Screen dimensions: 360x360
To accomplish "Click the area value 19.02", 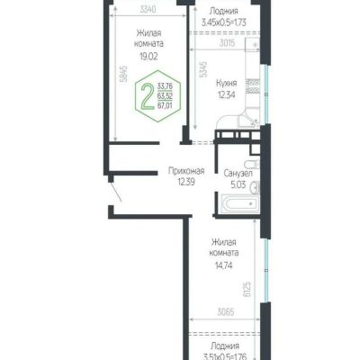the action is (x=148, y=57).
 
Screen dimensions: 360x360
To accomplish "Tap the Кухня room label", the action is (x=227, y=83).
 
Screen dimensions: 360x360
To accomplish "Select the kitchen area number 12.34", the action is (x=227, y=95).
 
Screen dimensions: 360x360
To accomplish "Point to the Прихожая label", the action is (x=186, y=171).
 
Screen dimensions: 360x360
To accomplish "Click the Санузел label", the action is (x=238, y=174).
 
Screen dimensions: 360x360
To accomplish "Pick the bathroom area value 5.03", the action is (x=238, y=184).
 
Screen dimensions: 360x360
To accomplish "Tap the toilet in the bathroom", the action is (x=252, y=165).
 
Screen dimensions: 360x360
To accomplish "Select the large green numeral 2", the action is (x=148, y=96).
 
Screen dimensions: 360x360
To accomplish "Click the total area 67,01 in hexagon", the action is (x=165, y=105).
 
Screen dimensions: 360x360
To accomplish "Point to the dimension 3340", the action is (x=148, y=9).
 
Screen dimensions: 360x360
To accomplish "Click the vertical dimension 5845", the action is (x=125, y=74).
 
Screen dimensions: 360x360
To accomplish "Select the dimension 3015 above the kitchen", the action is (x=227, y=43).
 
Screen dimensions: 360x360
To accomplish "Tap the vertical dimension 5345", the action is (x=203, y=69).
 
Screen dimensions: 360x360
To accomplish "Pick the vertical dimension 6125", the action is (x=247, y=289).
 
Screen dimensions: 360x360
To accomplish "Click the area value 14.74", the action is (x=223, y=265).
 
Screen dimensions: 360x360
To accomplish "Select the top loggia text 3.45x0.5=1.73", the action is (x=224, y=22).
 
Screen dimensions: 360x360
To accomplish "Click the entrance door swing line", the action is (x=116, y=192).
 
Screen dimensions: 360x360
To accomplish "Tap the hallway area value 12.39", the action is (x=186, y=182).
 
